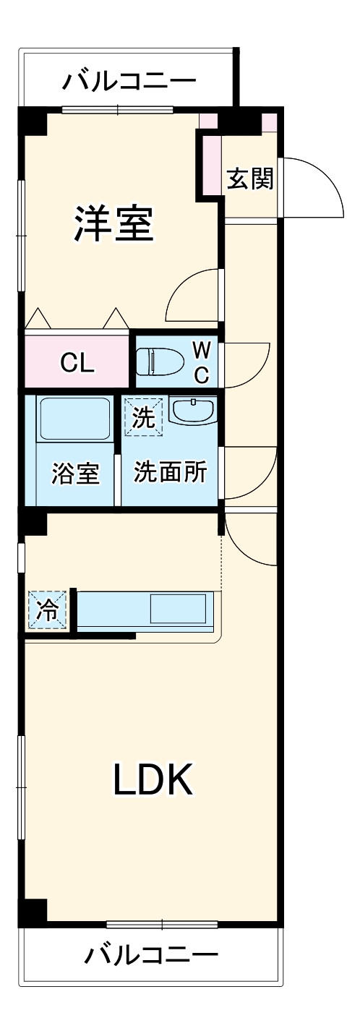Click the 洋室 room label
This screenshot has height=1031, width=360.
click(x=115, y=224)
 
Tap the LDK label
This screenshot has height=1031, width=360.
click(x=153, y=779)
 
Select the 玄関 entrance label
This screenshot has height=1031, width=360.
click(x=250, y=179)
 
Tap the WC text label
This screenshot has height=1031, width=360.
click(x=202, y=362)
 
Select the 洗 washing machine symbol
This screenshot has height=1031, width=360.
click(x=144, y=418)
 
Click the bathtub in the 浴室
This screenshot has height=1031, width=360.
click(x=74, y=419)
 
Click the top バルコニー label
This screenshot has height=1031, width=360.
click(x=128, y=80)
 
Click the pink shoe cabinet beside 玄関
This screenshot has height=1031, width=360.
click(x=212, y=163)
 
